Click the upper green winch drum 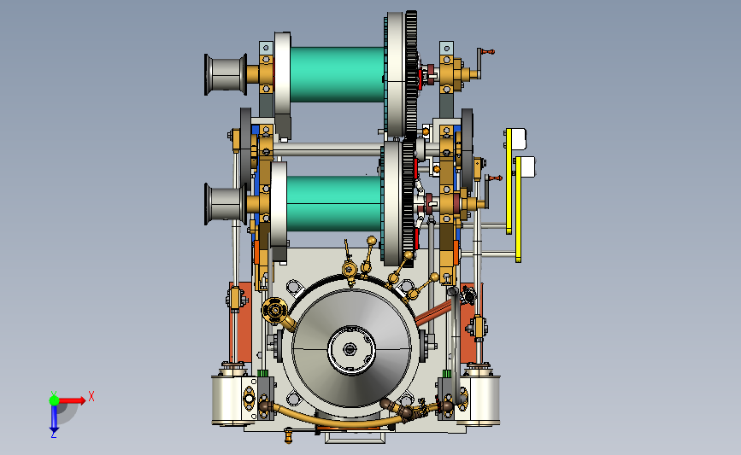337,74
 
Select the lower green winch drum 333,203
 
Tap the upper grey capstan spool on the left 226,74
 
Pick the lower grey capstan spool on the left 226,204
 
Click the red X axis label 91,396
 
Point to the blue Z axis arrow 54,417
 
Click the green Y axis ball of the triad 54,400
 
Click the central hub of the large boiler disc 351,350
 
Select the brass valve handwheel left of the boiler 274,311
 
